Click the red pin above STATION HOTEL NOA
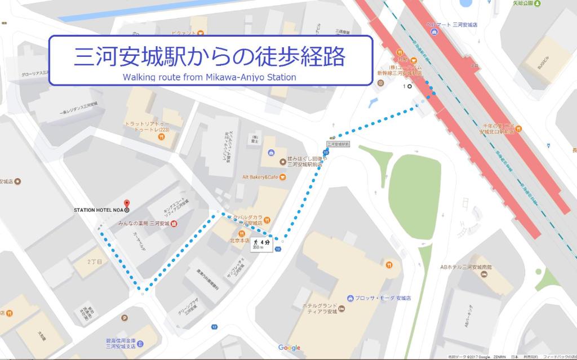tap(126, 203)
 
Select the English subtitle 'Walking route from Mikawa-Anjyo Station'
tap(209, 77)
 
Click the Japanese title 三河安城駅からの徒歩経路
tap(210, 56)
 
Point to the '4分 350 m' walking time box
tap(261, 245)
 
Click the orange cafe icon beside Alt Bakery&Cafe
tap(282, 177)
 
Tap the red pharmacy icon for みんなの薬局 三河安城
tap(174, 224)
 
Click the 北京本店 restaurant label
tap(241, 241)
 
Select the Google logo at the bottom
tap(289, 348)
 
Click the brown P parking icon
tap(125, 318)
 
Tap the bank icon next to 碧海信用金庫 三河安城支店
tap(140, 344)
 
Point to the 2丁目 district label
tap(94, 263)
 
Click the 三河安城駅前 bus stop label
tap(338, 144)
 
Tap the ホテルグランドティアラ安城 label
tap(320, 309)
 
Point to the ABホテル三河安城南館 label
tap(466, 266)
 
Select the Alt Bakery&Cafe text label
tap(260, 177)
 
